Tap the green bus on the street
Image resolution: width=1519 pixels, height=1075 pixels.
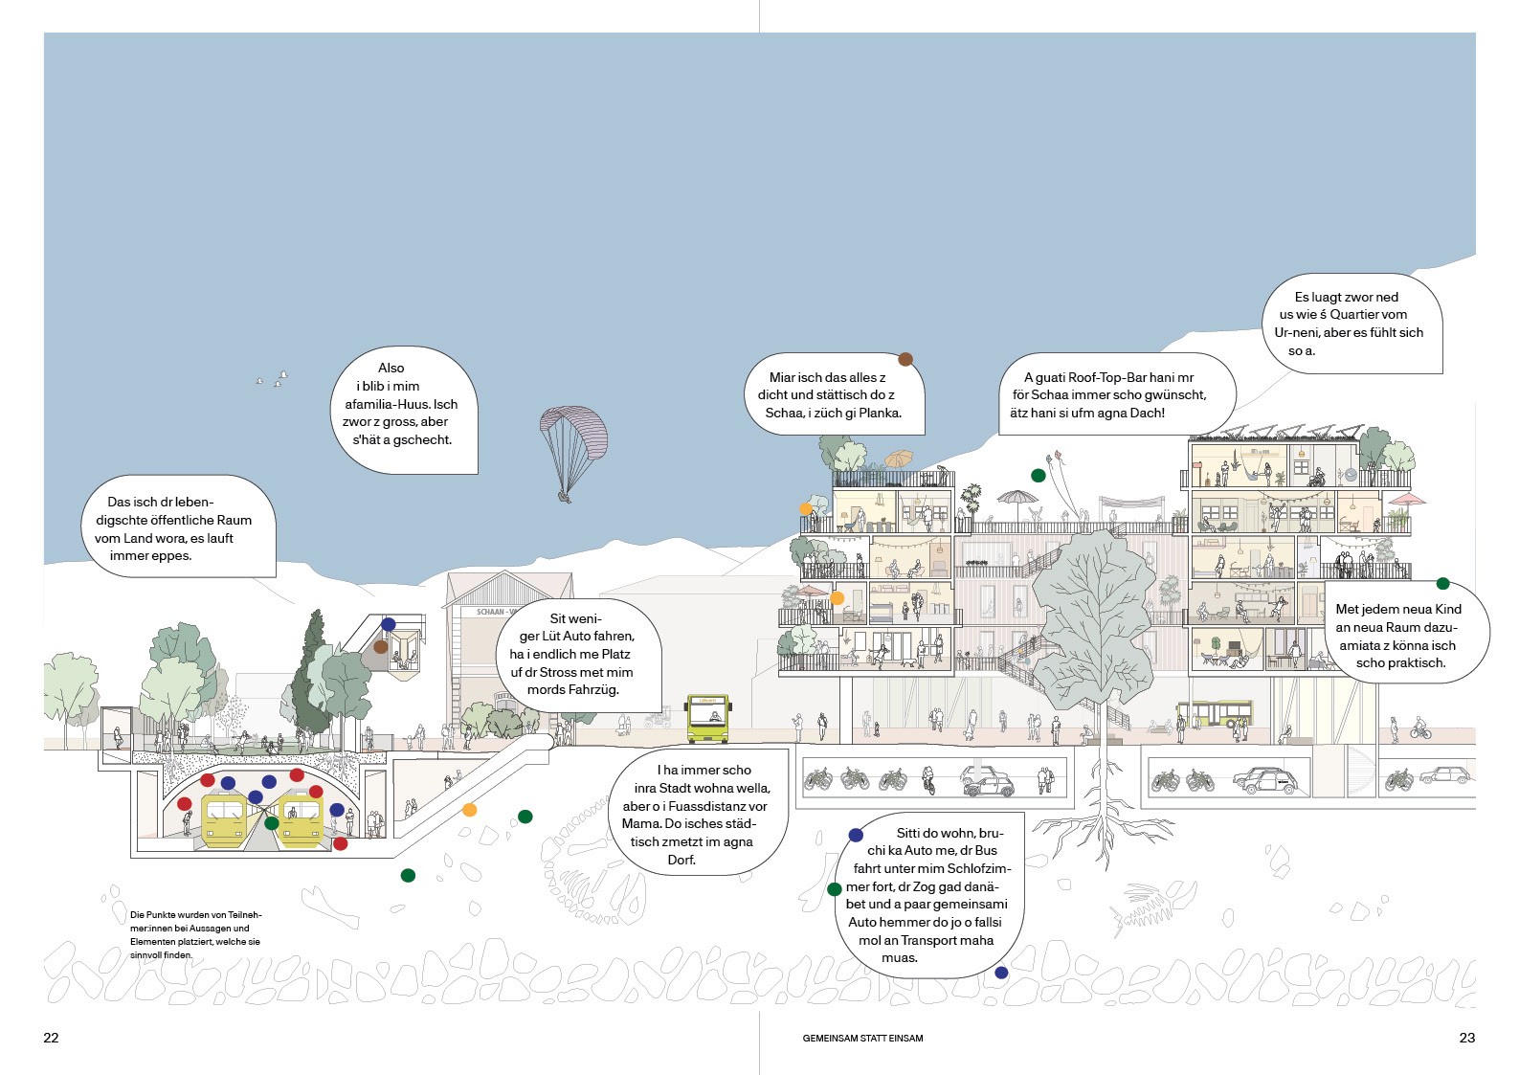[x=707, y=718]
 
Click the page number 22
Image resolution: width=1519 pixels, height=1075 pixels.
[x=51, y=1038]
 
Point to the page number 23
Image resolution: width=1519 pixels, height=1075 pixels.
[x=1466, y=1038]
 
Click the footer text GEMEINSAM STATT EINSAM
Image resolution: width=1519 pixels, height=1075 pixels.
[x=862, y=1038]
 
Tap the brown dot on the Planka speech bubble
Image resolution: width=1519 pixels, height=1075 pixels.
[x=905, y=360]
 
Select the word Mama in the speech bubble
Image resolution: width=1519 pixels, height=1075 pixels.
[x=641, y=823]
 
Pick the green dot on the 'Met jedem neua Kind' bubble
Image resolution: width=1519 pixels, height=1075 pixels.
[x=1442, y=584]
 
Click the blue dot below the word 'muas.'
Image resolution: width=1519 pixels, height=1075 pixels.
[x=1001, y=973]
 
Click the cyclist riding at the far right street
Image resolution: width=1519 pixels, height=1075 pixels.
[x=1420, y=730]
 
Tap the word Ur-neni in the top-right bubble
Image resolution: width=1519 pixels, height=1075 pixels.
[x=1298, y=332]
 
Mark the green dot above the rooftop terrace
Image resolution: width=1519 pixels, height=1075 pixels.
[x=1038, y=476]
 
